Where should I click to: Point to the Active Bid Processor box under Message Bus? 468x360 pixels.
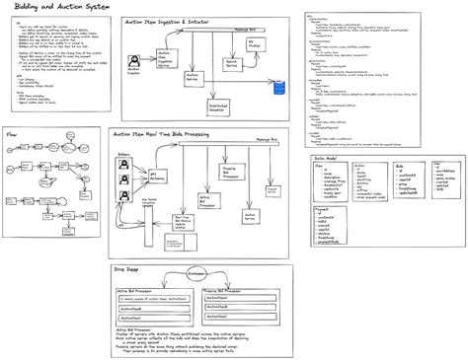[203, 200]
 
